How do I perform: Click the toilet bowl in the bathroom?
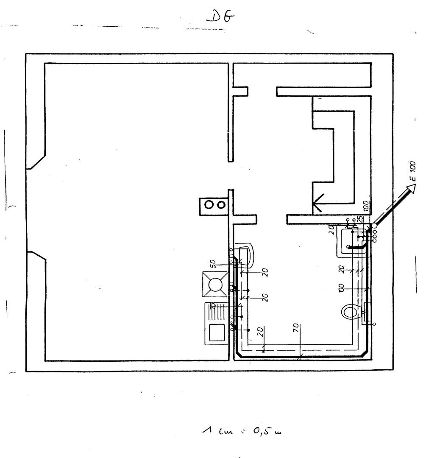tap(350, 313)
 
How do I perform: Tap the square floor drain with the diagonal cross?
tap(216, 284)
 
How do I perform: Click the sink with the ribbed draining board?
tap(216, 323)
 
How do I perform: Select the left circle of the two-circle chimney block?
tap(209, 204)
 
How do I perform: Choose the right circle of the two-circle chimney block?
tap(220, 204)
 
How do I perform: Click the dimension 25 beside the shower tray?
tap(359, 219)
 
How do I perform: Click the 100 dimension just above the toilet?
tap(341, 288)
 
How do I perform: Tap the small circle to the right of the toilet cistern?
tap(374, 324)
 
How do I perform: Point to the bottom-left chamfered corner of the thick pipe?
tap(238, 355)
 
